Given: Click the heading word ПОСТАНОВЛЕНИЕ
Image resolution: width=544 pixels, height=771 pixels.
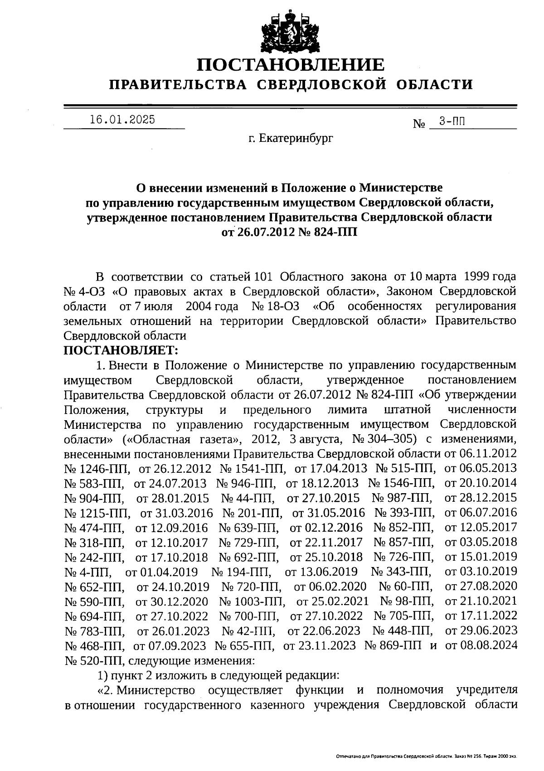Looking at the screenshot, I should click(291, 65).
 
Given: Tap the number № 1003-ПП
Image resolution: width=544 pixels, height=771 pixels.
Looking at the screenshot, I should click(252, 601).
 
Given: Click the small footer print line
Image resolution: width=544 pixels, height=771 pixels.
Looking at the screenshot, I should click(426, 756).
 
